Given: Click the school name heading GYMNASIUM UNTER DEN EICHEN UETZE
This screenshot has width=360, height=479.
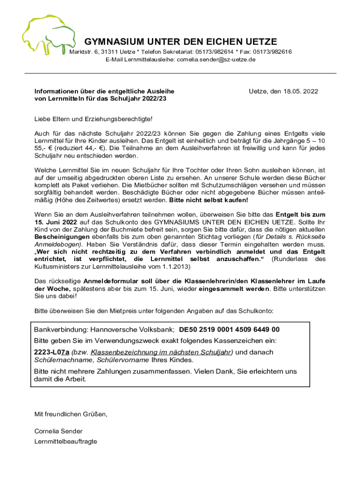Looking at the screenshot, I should coord(180,42).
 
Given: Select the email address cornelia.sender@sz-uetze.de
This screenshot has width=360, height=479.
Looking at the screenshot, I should coord(216,59).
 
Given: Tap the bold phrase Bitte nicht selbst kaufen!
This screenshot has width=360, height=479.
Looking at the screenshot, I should coord(209,200).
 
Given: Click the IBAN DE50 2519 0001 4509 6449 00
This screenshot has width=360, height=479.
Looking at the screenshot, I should coord(230,329).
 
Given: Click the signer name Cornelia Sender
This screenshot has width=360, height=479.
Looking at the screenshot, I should coord(58,431).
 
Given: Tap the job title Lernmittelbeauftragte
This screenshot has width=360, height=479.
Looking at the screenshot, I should coord(66,441).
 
